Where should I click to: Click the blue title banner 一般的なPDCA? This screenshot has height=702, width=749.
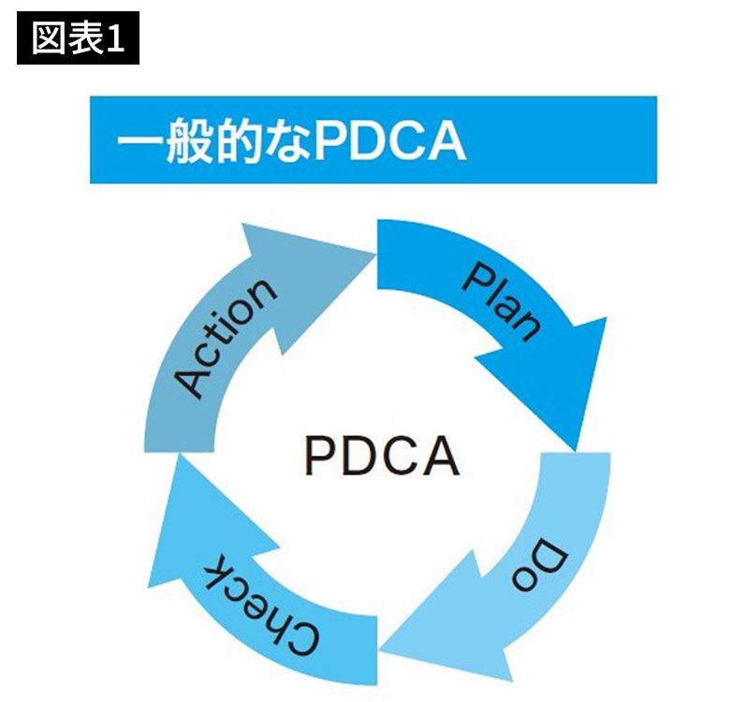[x=373, y=139]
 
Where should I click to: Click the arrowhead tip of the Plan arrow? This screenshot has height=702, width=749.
[x=577, y=447]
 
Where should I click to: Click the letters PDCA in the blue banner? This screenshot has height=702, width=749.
[x=389, y=140]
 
